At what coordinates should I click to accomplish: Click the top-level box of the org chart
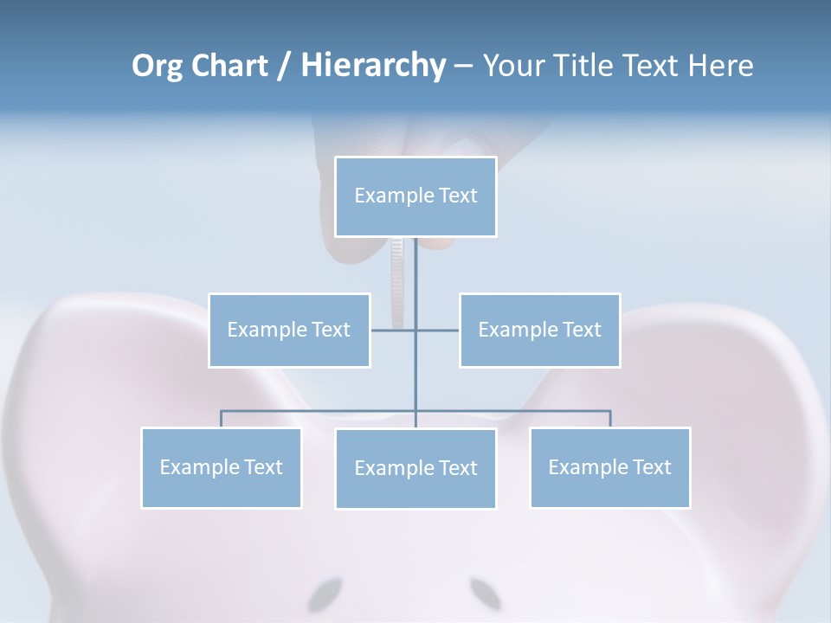pos(415,196)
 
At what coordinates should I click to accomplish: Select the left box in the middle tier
pos(289,330)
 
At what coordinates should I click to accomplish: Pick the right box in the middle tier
pos(539,330)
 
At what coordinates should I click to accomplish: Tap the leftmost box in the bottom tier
pos(221,467)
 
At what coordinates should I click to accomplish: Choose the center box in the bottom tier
pos(415,468)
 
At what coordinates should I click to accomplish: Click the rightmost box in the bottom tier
pos(609,467)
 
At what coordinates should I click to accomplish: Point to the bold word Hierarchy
pos(372,66)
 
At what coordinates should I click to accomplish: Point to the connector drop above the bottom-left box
pos(221,419)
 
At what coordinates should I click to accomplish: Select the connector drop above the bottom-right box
pos(610,419)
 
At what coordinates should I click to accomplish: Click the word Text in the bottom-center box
pos(457,468)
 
